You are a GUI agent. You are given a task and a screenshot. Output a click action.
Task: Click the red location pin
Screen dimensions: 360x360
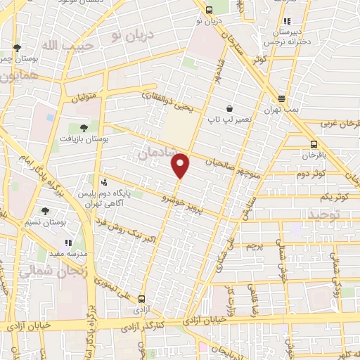click(181, 165)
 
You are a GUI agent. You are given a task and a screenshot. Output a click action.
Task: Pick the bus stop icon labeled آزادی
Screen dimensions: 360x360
click(142, 298)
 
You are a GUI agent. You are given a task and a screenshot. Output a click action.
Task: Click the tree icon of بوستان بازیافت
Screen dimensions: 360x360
click(84, 127)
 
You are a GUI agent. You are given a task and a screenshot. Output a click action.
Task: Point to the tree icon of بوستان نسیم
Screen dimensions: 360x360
click(46, 210)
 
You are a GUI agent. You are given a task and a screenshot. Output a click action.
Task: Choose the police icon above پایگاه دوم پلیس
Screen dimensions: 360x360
click(105, 181)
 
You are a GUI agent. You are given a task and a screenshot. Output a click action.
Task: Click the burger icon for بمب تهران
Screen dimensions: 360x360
click(282, 99)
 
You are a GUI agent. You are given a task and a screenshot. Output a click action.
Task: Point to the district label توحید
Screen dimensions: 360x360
click(345, 213)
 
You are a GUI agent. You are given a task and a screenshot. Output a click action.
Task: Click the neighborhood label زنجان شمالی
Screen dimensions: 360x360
click(46, 271)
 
